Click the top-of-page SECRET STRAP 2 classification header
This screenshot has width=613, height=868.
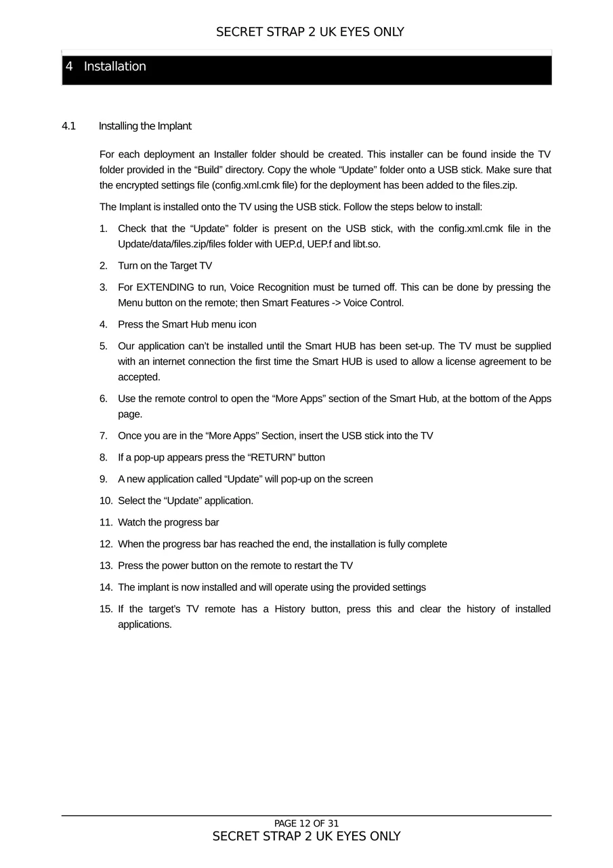pos(310,32)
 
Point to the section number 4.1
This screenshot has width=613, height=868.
pos(68,126)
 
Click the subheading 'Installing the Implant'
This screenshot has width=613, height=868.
pos(145,126)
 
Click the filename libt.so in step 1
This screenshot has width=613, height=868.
pos(366,244)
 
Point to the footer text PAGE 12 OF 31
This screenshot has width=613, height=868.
pos(306,824)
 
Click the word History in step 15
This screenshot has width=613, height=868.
pos(290,609)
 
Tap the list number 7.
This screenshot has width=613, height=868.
pos(103,435)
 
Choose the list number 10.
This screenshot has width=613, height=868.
pos(106,500)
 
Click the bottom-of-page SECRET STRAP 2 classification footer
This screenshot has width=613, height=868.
pos(306,836)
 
